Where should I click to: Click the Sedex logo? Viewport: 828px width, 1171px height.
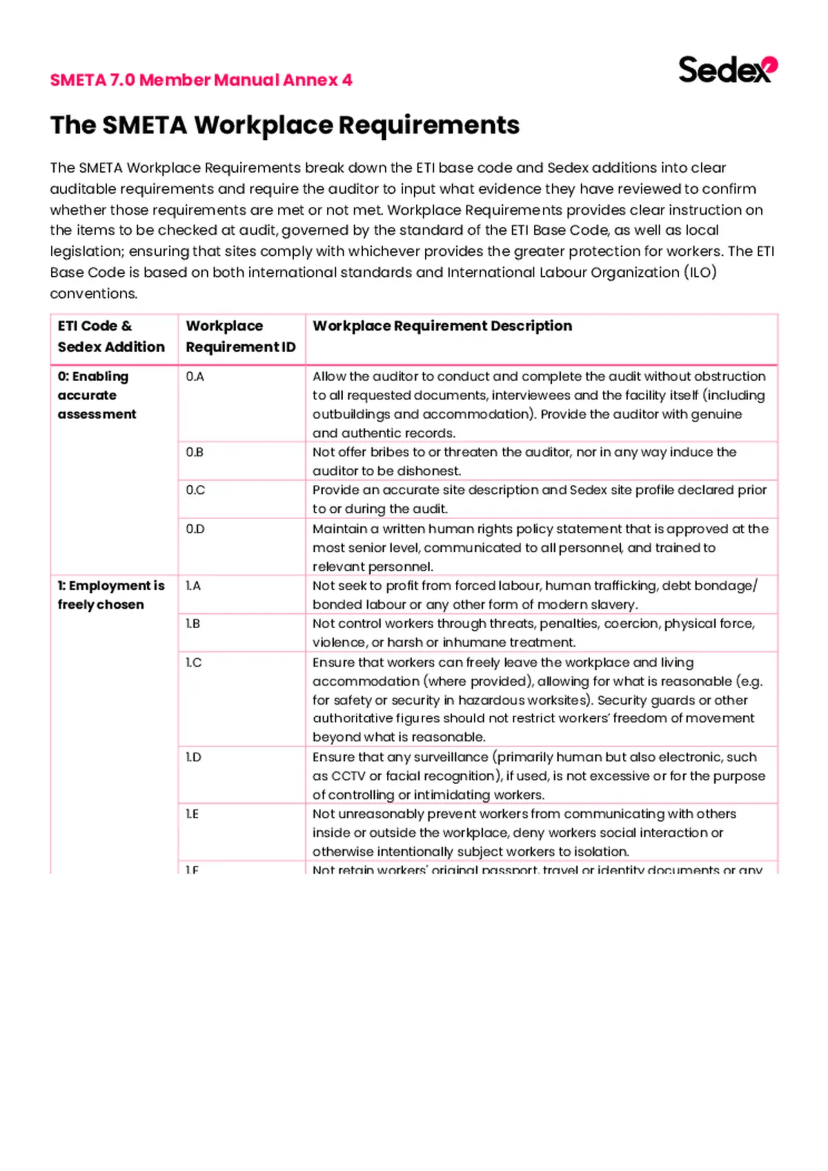click(727, 70)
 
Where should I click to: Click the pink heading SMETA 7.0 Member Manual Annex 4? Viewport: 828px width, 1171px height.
click(201, 80)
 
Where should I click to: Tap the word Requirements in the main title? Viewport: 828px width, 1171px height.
click(428, 126)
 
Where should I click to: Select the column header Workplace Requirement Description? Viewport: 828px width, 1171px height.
click(442, 326)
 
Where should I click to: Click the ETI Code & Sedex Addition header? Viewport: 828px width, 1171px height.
click(111, 336)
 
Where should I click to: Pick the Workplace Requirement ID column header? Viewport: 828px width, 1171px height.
click(240, 336)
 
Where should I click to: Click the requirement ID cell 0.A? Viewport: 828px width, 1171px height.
click(195, 377)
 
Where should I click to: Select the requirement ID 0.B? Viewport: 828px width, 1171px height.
click(195, 453)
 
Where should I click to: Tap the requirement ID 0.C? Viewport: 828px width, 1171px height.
click(195, 491)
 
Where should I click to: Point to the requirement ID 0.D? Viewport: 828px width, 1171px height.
click(195, 529)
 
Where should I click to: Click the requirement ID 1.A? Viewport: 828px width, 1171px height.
click(193, 586)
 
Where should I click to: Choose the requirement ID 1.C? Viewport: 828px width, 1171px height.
click(194, 662)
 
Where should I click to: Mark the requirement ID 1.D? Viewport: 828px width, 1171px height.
click(194, 758)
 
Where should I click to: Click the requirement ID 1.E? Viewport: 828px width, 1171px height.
click(193, 814)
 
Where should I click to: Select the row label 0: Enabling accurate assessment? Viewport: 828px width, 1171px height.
click(97, 395)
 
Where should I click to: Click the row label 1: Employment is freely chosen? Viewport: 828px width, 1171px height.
click(110, 595)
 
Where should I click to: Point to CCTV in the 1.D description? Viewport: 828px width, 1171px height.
click(348, 776)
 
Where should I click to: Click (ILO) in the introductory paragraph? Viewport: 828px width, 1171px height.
click(700, 273)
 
